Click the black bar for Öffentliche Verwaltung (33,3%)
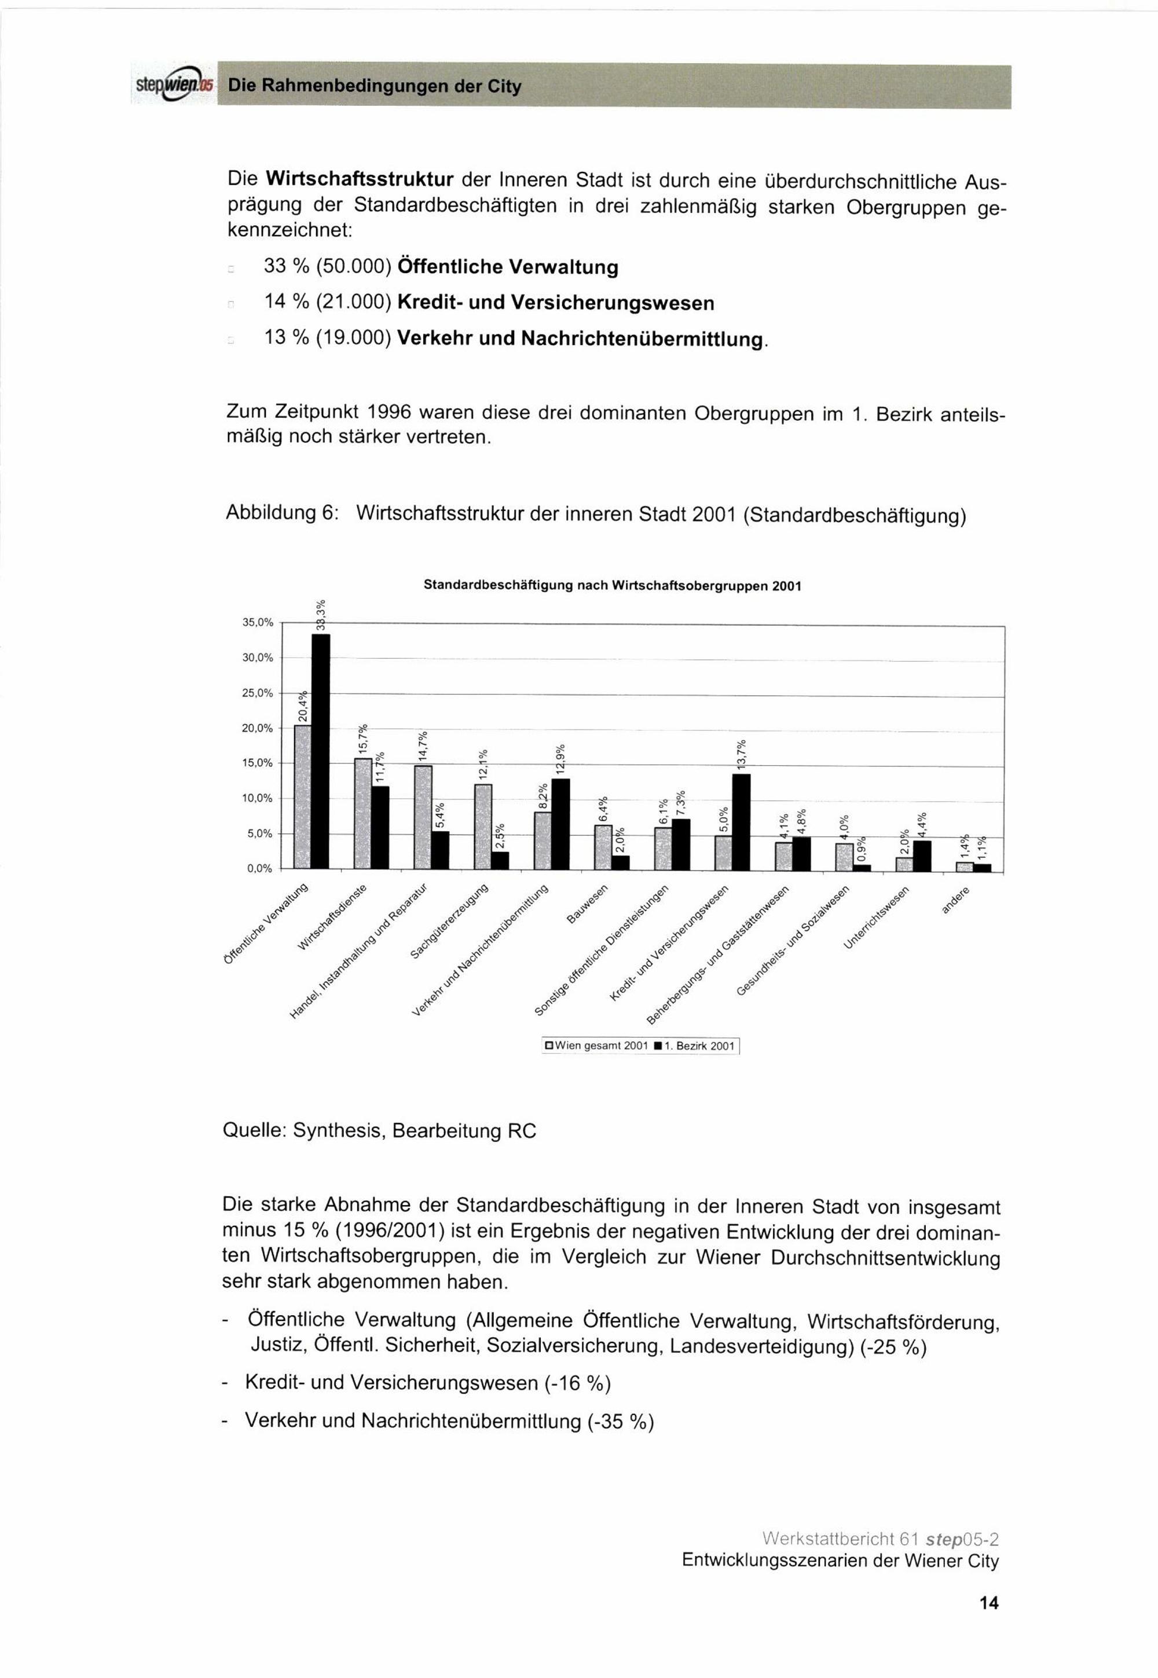[x=321, y=751]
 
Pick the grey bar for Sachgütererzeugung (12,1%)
[x=483, y=826]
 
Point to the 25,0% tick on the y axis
[x=258, y=693]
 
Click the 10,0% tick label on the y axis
[x=258, y=798]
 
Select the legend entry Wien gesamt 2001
[x=596, y=1047]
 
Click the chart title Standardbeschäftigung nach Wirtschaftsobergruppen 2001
[x=611, y=585]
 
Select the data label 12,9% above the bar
[x=560, y=760]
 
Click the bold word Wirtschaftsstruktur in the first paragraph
[x=360, y=178]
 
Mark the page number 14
[x=988, y=1603]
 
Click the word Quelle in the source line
[x=254, y=1130]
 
